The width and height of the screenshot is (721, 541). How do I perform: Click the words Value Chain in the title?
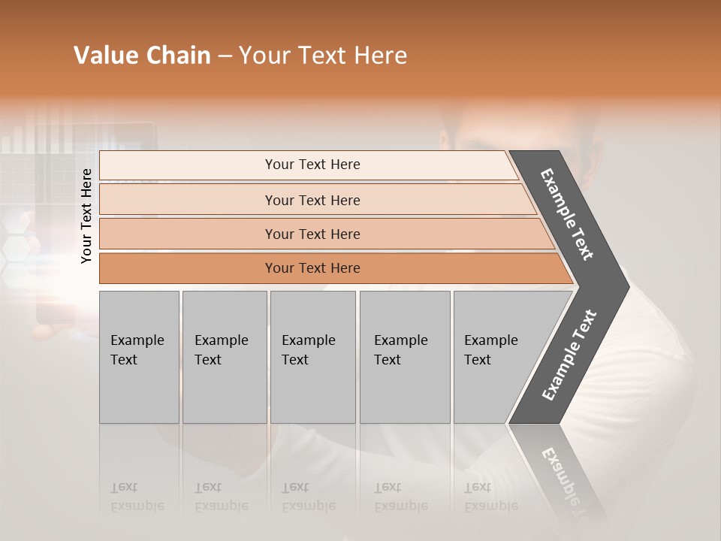pos(142,56)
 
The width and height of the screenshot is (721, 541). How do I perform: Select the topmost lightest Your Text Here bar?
pos(312,165)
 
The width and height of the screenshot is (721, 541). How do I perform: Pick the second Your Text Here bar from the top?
pos(312,200)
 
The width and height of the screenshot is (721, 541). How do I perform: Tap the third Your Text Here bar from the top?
pos(312,234)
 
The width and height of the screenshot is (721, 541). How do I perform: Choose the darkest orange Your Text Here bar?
pos(312,268)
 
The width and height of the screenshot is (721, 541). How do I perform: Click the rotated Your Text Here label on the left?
pos(86,216)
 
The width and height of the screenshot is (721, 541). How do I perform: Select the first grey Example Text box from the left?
pos(139,357)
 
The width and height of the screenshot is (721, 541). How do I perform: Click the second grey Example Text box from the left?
pos(224,357)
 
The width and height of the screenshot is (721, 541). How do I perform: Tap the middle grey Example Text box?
pos(312,357)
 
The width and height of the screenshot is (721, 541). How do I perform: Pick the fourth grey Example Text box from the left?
pos(405,357)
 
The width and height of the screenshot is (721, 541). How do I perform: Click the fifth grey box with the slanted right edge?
pos(496,357)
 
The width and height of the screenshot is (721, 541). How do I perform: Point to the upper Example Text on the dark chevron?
pos(567,213)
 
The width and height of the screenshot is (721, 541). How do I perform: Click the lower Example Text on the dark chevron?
pos(569,355)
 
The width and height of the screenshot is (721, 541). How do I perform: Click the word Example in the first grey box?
pos(137,340)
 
